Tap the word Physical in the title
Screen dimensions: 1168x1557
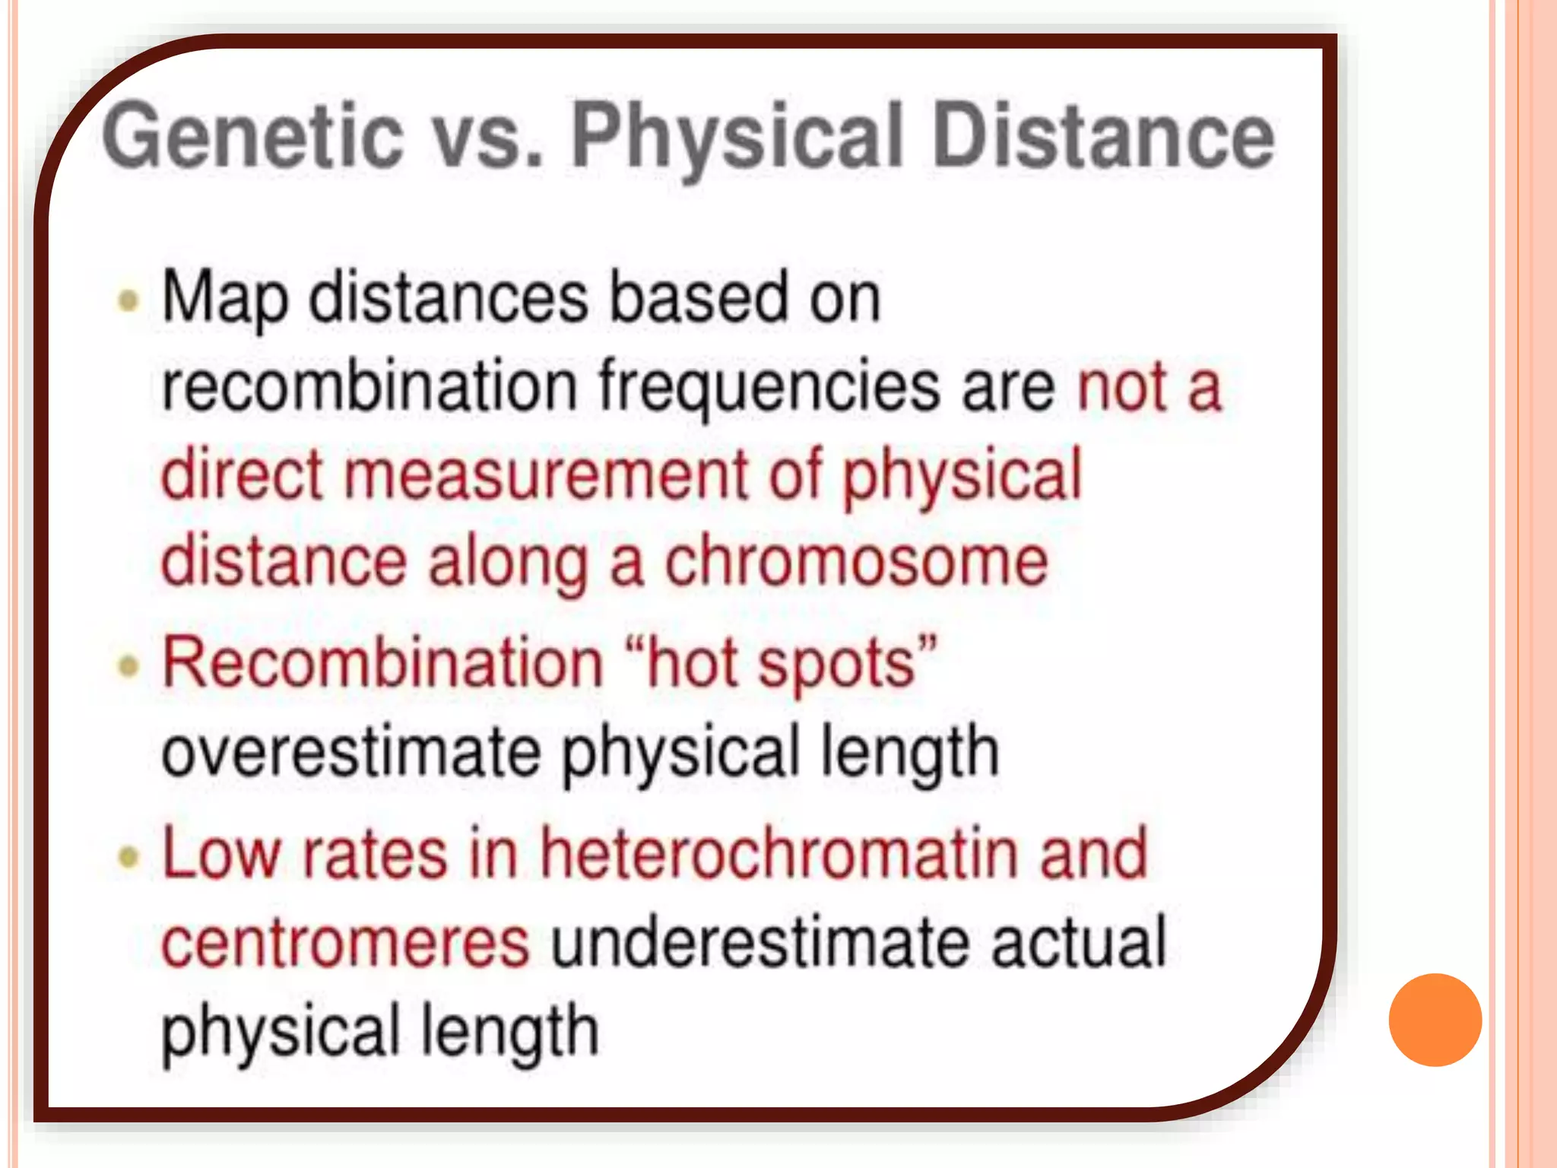coord(737,137)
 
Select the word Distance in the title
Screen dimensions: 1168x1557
coord(1103,137)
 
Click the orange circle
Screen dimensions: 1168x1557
coord(1435,1020)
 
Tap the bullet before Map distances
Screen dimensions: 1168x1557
coord(129,300)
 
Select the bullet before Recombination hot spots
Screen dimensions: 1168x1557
coord(129,666)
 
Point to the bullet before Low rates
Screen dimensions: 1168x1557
coord(129,857)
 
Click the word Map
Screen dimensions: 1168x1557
coord(225,298)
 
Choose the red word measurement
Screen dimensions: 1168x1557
coord(547,475)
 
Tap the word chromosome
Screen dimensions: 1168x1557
coord(857,563)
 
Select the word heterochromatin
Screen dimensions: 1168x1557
coord(778,854)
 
